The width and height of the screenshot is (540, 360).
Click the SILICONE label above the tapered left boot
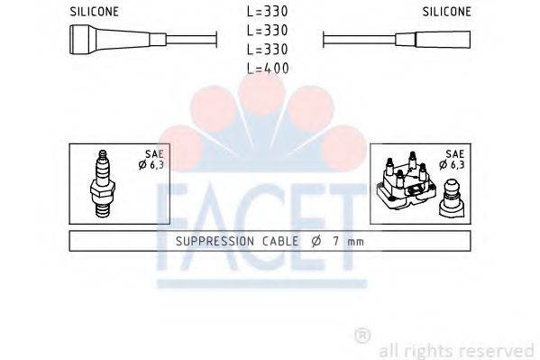click(x=93, y=13)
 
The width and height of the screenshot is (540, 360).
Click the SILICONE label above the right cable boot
click(x=446, y=13)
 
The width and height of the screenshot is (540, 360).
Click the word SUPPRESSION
click(x=211, y=242)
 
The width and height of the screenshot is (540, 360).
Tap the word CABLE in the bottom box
click(x=273, y=242)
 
